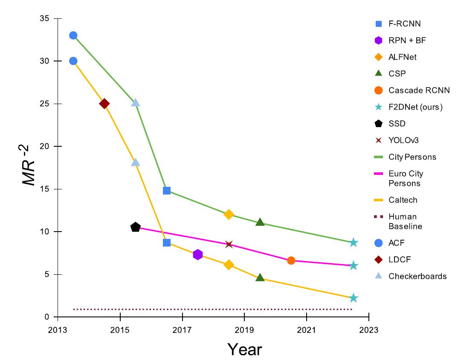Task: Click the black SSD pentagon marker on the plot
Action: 136,227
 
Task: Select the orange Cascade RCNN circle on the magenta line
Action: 291,260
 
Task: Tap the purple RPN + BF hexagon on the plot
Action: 197,255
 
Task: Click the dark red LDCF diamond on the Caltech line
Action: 104,104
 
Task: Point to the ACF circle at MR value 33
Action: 73,35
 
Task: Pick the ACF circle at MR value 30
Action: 73,61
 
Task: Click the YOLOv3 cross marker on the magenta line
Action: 229,244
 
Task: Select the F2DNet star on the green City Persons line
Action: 353,242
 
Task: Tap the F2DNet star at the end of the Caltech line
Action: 353,298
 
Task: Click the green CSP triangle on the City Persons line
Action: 260,222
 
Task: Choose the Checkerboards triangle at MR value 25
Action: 136,102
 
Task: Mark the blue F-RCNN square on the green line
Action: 167,190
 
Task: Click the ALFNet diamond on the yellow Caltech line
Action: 229,265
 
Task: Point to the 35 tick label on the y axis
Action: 44,18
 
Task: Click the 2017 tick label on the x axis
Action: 182,330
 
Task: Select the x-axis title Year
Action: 244,349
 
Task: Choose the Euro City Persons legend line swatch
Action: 377,174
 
